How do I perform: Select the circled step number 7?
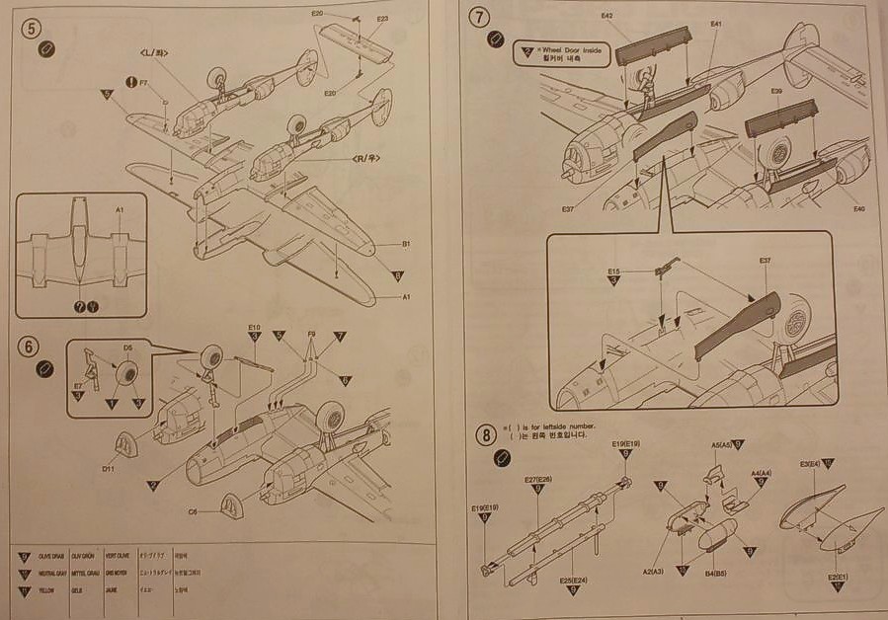click(x=480, y=19)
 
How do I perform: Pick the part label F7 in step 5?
click(x=144, y=82)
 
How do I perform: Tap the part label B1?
click(x=406, y=242)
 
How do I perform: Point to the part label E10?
click(x=254, y=328)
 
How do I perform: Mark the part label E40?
click(x=857, y=208)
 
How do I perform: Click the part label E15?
click(x=613, y=271)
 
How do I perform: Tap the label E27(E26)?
click(x=537, y=480)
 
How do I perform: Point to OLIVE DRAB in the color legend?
click(x=51, y=557)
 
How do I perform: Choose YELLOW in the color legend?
click(x=48, y=590)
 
